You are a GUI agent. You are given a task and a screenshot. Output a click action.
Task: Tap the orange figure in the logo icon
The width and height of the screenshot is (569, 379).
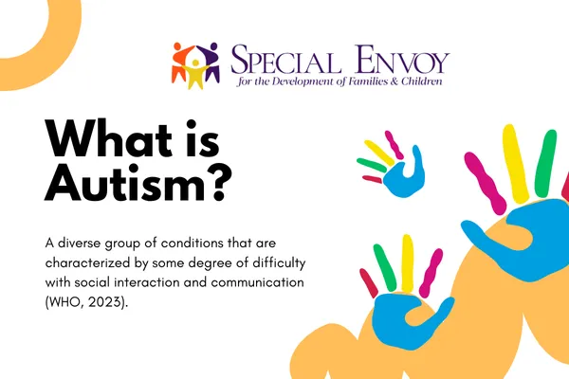point(180,59)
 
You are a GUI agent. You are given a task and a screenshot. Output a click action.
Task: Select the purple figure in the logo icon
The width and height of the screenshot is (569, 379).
point(214,59)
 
